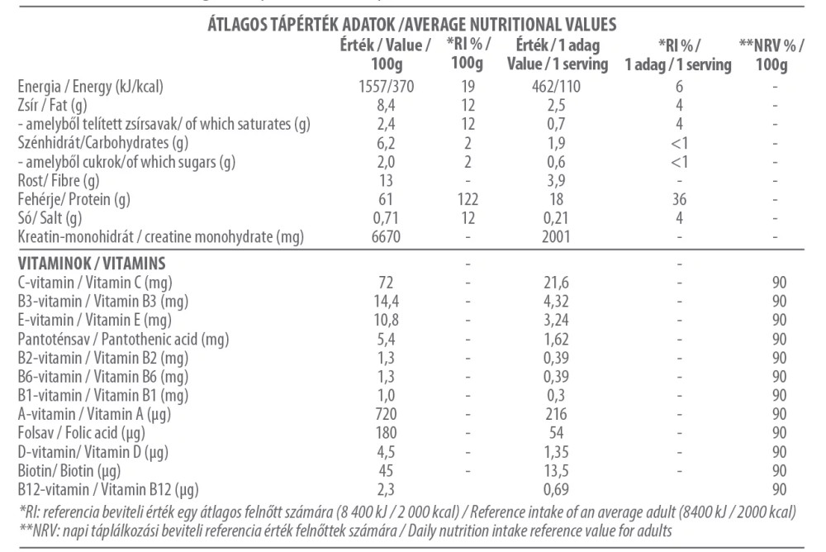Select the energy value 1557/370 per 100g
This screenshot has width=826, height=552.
coord(386,87)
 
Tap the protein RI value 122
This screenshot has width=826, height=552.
coord(468,199)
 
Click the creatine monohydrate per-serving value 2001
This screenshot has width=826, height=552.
coord(556,236)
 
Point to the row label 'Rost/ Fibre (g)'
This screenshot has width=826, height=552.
coord(59,181)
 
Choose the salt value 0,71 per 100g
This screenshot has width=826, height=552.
coord(386,218)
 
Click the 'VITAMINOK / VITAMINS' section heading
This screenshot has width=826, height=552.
coord(92,263)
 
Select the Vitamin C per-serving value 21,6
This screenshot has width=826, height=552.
coord(556,283)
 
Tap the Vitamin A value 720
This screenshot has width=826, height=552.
coord(386,414)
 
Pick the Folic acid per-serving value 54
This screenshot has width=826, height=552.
coord(556,433)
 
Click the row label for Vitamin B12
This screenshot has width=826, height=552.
coord(108,490)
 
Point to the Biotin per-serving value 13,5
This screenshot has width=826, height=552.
coord(556,471)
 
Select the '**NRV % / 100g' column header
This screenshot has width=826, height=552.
coord(771,55)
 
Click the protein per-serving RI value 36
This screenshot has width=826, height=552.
coord(680,199)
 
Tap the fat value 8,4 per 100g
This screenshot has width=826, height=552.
coord(386,106)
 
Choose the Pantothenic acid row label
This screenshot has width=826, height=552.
coord(123,340)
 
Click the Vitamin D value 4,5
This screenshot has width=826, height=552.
coord(386,452)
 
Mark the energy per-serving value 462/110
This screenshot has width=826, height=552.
coord(556,87)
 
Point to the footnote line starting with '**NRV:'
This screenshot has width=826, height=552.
coord(345,531)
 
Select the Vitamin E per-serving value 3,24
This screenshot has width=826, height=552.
coord(556,320)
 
